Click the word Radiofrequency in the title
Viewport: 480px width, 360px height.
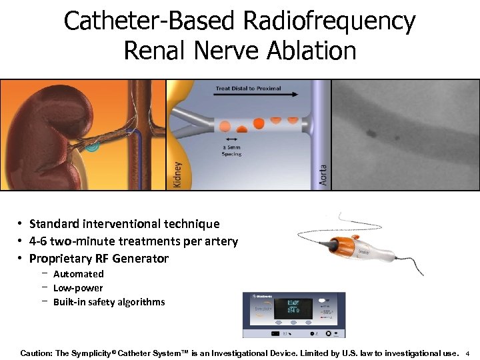[329, 22]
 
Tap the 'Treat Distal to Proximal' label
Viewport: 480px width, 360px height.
[248, 88]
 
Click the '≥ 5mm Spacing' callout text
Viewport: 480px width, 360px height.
[233, 150]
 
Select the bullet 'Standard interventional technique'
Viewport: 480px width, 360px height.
[124, 224]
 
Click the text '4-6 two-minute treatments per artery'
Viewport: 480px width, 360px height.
[133, 241]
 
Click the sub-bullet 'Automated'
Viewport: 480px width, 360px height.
[79, 274]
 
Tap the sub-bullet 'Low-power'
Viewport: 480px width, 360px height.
[78, 288]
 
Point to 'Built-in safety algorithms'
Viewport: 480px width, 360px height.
[109, 302]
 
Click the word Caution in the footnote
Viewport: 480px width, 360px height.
[37, 352]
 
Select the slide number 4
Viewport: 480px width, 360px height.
[468, 353]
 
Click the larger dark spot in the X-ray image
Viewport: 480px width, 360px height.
[370, 133]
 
